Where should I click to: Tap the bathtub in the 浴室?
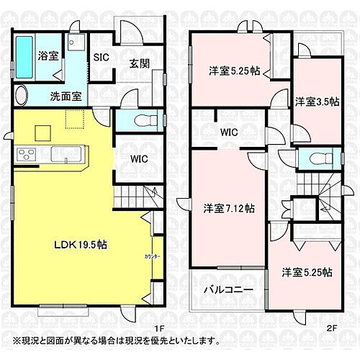[x=24, y=56]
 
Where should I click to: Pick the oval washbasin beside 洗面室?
[x=22, y=95]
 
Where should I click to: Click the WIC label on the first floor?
[x=140, y=159]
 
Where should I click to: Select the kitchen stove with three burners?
[x=27, y=154]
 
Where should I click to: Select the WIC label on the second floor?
[x=230, y=132]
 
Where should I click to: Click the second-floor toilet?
[x=315, y=158]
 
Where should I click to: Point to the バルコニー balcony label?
[x=227, y=289]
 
